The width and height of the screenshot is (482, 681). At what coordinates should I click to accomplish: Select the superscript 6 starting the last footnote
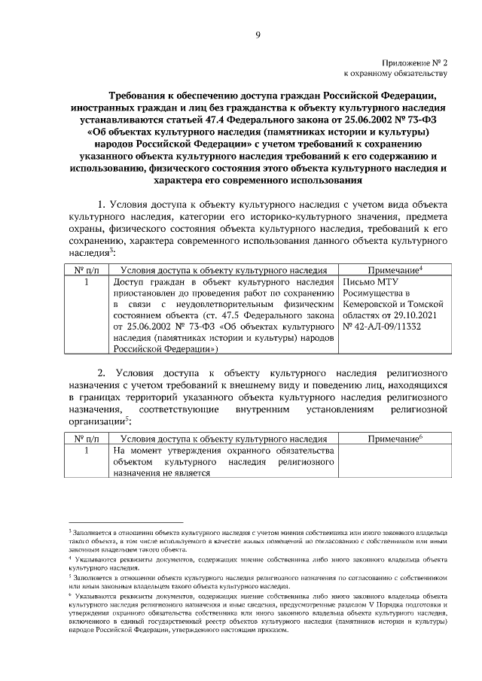pyautogui.click(x=69, y=594)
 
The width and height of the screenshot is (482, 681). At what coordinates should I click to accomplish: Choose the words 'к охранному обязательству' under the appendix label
pyautogui.click(x=396, y=74)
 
